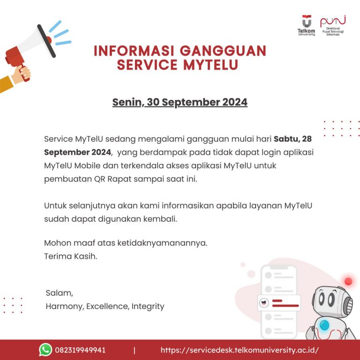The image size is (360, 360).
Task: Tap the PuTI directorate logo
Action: pos(333,25)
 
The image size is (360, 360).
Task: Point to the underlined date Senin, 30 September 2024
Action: pos(180,102)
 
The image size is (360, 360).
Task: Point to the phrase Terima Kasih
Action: pos(71,256)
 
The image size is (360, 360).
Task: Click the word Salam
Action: pos(60,293)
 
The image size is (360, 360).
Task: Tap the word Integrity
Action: pos(148,307)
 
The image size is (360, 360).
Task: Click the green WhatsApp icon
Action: pos(45,350)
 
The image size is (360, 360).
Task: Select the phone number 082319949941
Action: pos(80,350)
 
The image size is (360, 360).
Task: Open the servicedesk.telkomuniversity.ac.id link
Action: pos(240,350)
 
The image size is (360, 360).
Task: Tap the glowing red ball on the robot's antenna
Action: pos(348,281)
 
